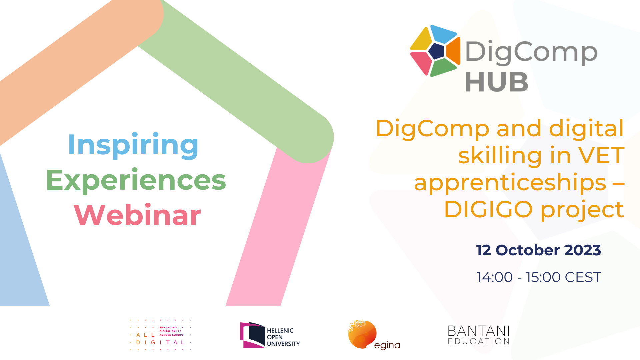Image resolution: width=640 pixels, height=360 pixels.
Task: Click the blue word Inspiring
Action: pos(133,145)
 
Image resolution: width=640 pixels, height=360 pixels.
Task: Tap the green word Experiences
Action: pos(136,180)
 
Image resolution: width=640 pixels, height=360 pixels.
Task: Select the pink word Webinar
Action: pos(137,215)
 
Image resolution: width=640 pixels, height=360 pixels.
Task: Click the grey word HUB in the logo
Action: pos(497,82)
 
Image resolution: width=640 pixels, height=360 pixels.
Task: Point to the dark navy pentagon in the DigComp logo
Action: pos(437,51)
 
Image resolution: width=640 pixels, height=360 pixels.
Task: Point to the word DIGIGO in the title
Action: pos(488,209)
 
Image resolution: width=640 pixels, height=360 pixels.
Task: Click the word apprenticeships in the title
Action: pos(510,183)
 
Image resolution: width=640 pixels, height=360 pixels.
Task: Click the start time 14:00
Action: pos(495,277)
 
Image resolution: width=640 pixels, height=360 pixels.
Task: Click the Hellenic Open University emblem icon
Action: pos(252,335)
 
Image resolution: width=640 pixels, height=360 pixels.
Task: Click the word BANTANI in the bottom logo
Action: pos(479,331)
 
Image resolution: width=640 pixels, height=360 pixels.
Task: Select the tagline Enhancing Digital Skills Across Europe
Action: pos(171,331)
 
